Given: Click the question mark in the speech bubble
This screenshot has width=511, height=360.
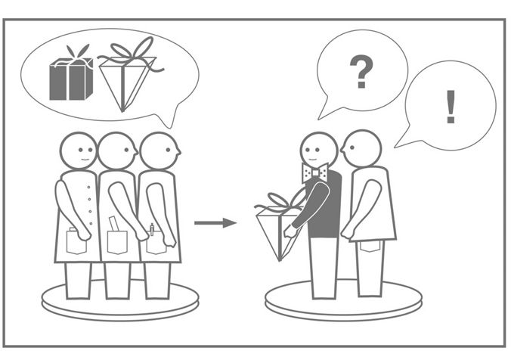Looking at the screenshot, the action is tap(361, 72).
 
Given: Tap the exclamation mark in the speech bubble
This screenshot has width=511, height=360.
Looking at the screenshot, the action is tap(451, 107).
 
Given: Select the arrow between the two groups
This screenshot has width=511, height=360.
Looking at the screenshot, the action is tap(215, 223).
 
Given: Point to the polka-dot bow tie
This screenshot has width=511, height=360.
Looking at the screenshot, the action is tap(314, 172).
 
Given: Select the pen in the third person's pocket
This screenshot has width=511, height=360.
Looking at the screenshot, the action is tap(151, 229).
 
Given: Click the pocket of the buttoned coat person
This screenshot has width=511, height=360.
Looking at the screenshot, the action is tap(76, 242).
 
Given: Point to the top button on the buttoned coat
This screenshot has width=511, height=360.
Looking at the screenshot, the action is tap(88, 187).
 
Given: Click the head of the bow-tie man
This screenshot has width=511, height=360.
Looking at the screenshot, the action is tap(319, 150).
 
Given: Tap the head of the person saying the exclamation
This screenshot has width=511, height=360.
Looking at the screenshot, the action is tap(361, 148).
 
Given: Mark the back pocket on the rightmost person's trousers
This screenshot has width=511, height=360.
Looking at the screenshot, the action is tap(370, 247).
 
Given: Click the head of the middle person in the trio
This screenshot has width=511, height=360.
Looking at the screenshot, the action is tap(117, 151).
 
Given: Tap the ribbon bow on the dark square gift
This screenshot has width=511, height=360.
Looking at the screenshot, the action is tap(78, 54).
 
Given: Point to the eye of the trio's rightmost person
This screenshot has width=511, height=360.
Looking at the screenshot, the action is tap(168, 150).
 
